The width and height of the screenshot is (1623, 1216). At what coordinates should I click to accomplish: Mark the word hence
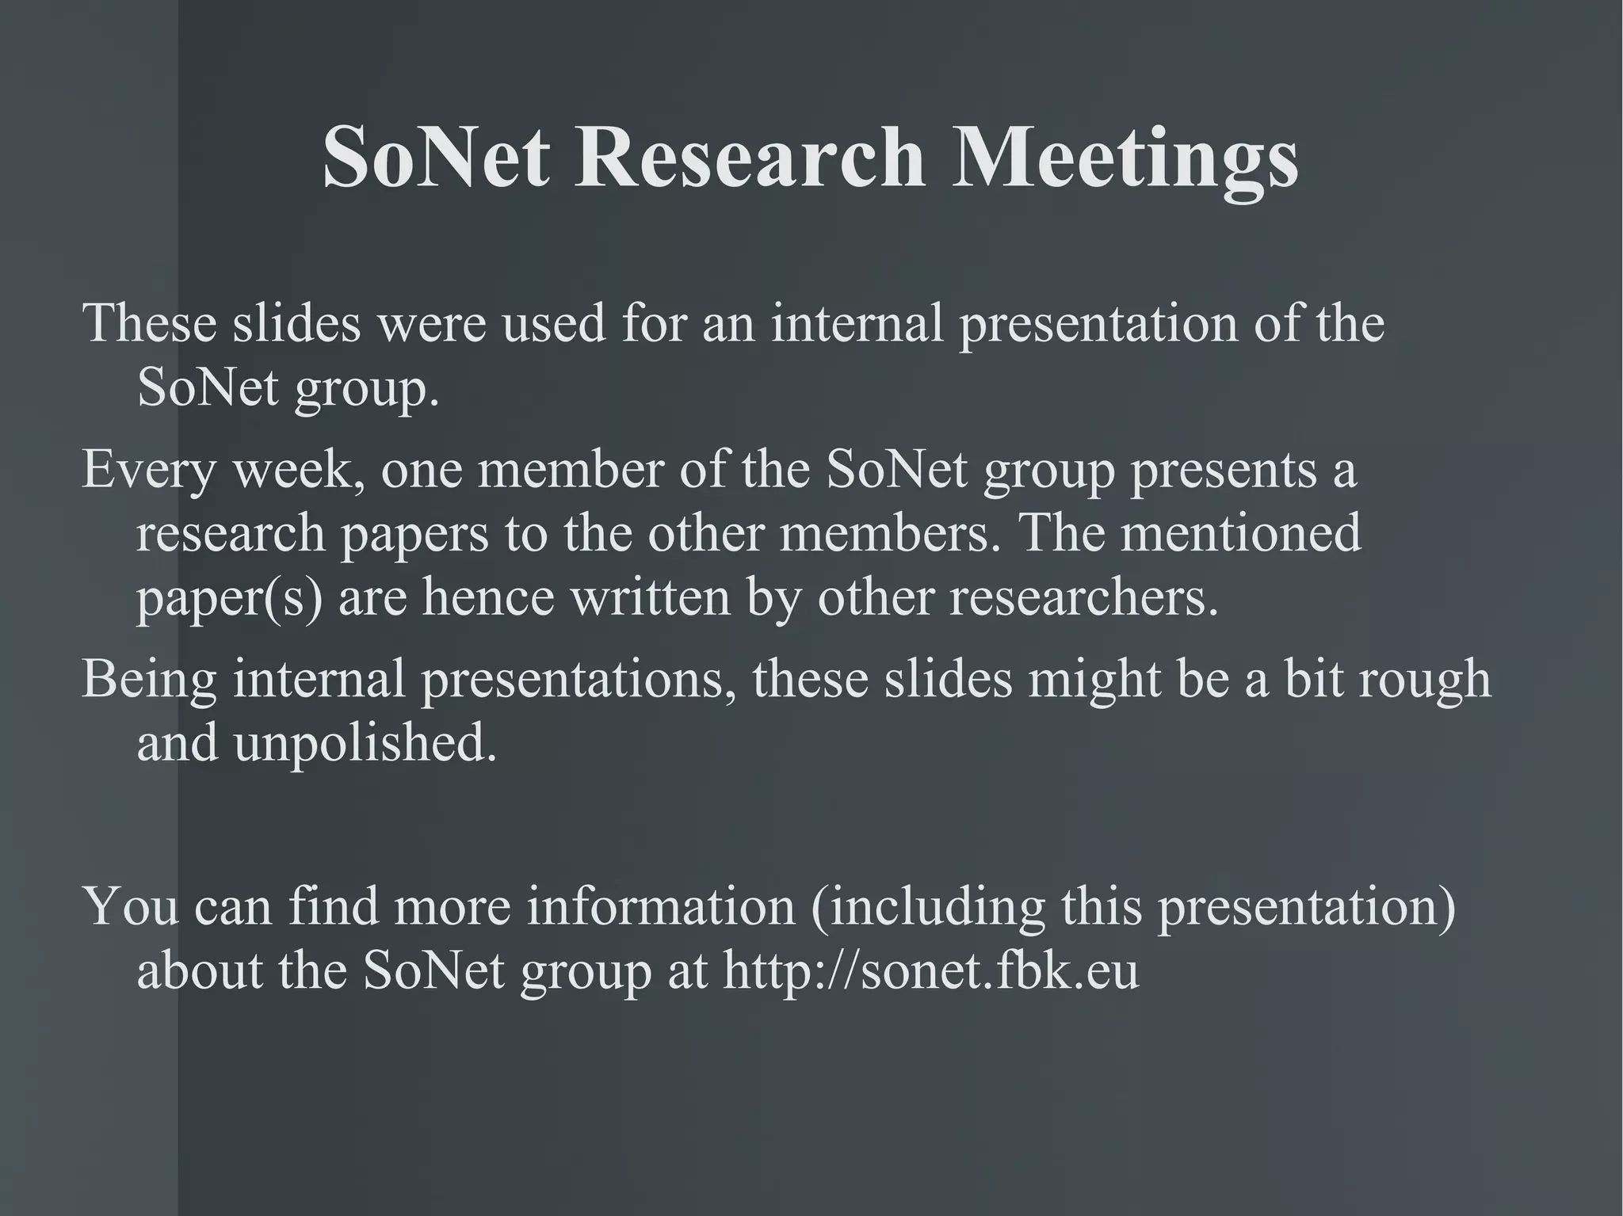[x=487, y=598]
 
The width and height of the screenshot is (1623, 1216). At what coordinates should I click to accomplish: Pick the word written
[x=650, y=598]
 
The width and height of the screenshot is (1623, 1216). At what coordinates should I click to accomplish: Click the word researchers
[x=1083, y=598]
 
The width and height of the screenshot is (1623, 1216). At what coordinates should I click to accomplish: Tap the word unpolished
[x=365, y=744]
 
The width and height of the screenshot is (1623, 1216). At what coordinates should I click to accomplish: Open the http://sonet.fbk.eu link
[x=930, y=970]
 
